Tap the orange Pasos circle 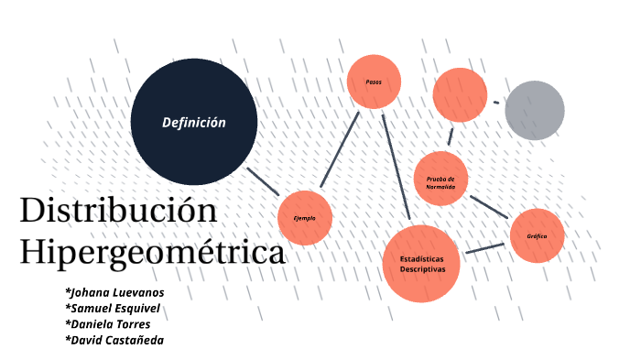[x=374, y=82]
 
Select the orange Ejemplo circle [x=304, y=218]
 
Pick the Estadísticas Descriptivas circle [x=421, y=264]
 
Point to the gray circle [x=535, y=110]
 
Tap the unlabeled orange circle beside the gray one [x=460, y=95]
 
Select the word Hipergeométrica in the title [x=152, y=252]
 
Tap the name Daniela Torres [x=107, y=323]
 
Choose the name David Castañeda [x=114, y=340]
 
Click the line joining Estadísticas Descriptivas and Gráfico [x=485, y=247]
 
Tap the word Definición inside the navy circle [x=193, y=123]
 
